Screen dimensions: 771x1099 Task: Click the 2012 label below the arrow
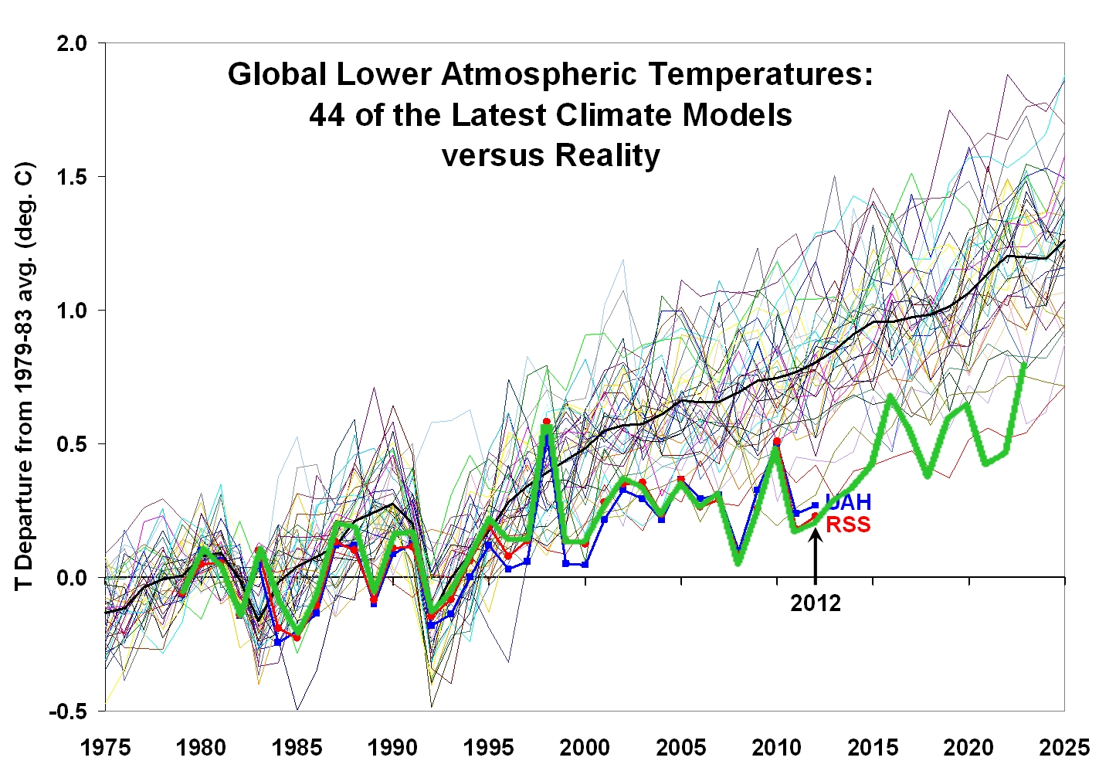coord(815,603)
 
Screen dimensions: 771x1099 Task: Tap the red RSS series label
coord(848,525)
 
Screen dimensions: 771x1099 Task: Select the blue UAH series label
coord(848,503)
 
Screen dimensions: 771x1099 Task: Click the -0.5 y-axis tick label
coord(68,712)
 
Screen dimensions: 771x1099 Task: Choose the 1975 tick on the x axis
coord(105,748)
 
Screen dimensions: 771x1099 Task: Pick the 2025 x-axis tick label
coord(1065,748)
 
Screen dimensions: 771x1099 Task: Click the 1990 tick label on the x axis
coord(393,748)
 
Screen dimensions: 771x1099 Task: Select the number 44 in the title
coord(327,116)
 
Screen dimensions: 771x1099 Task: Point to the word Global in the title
coord(277,75)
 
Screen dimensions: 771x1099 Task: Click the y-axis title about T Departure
coord(25,375)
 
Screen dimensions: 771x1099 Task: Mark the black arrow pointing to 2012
coord(816,556)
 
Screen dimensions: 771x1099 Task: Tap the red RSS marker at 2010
coord(777,441)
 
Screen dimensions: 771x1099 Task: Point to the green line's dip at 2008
coord(738,561)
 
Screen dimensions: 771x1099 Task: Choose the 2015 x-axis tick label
coord(873,748)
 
